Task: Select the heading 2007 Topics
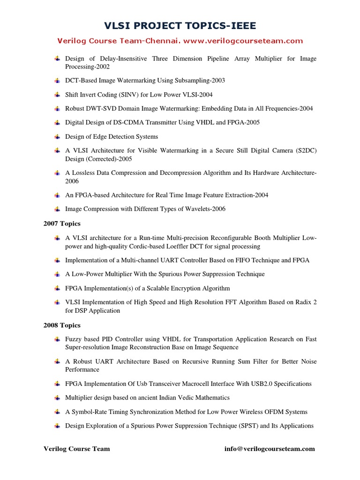(62, 224)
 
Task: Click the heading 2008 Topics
(62, 325)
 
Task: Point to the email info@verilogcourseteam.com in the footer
(270, 449)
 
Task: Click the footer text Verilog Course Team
(77, 449)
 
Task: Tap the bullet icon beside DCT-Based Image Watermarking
(57, 81)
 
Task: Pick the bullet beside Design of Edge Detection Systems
(57, 136)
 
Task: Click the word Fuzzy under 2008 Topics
(74, 339)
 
